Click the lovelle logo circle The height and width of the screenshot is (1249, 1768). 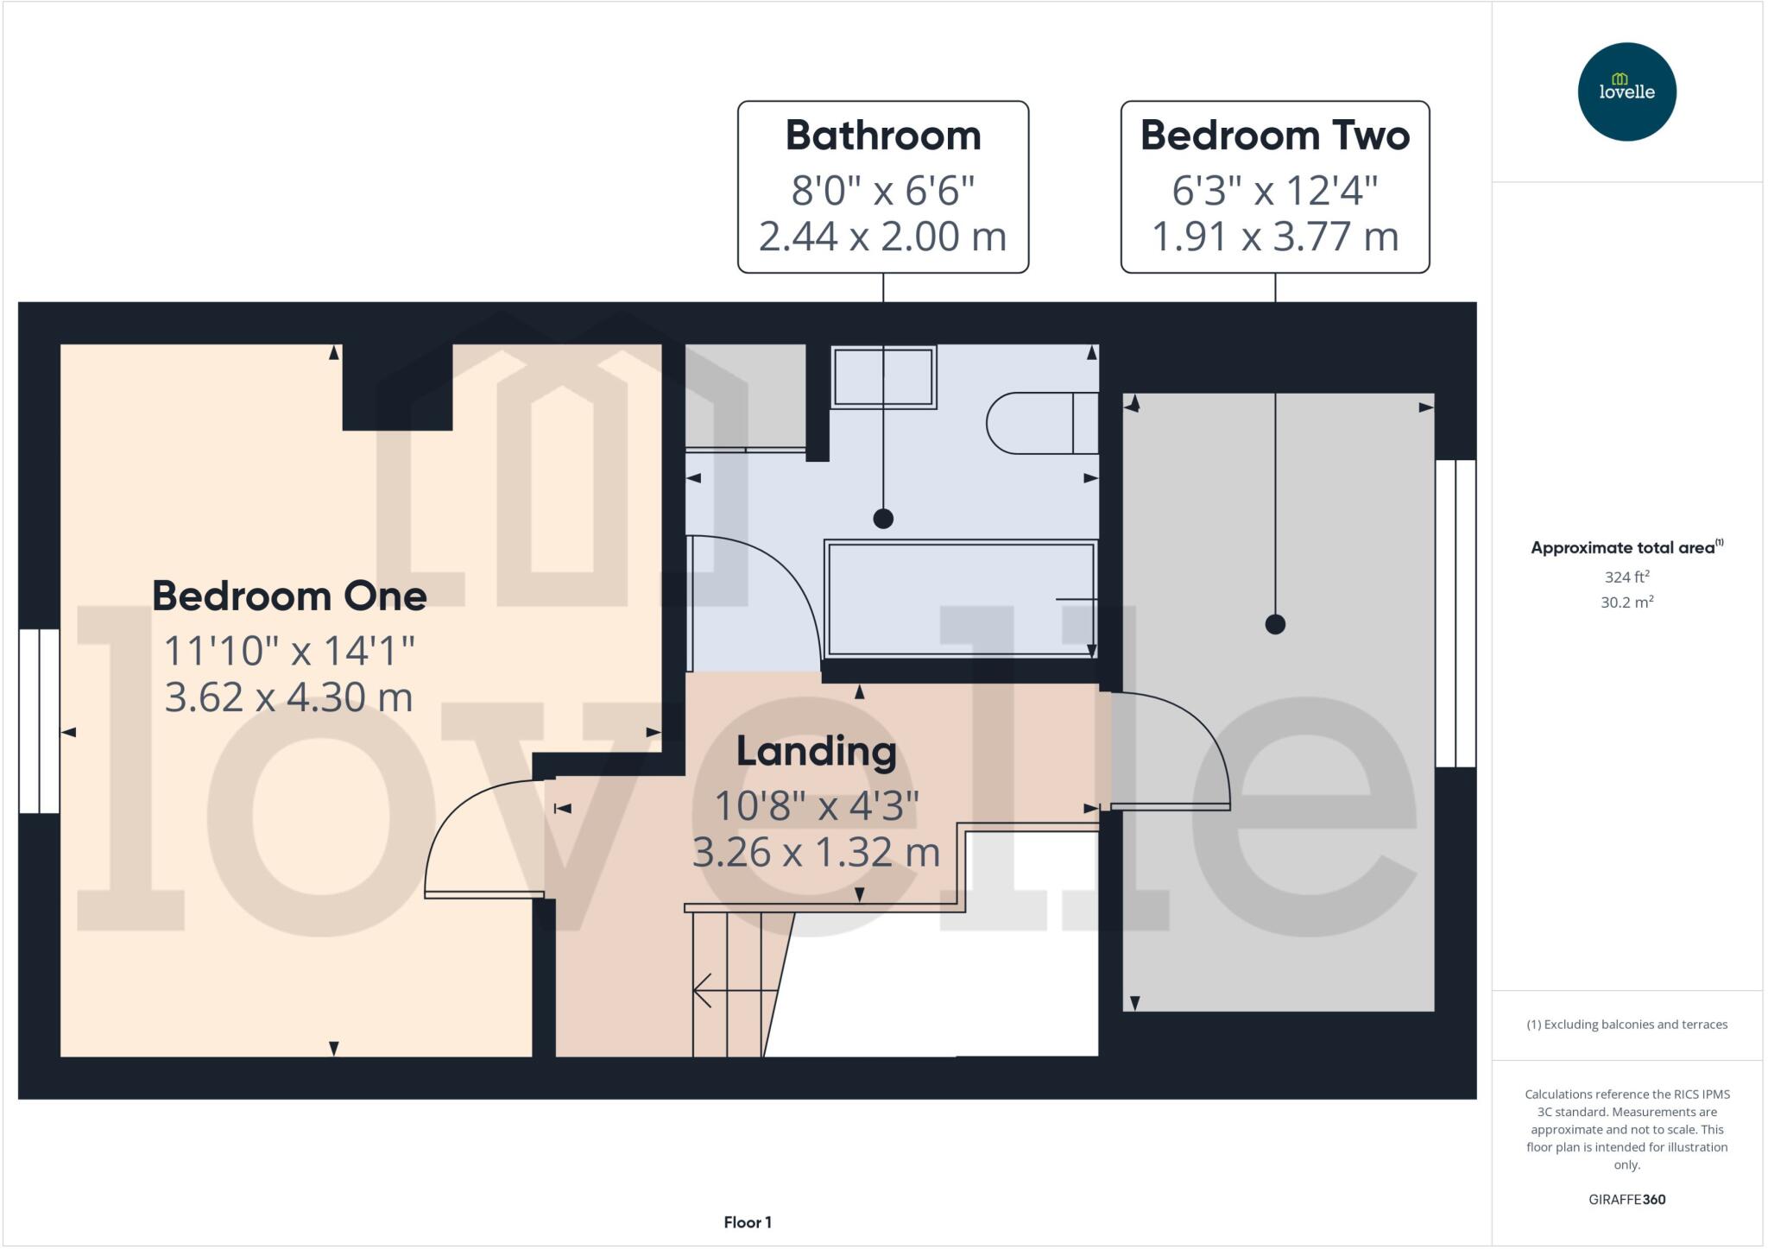click(x=1626, y=91)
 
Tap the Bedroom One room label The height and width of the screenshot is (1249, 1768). click(x=289, y=596)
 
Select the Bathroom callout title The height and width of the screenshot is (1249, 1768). click(x=882, y=136)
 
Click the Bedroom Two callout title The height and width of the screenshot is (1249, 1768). click(x=1274, y=136)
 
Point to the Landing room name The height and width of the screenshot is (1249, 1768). click(x=816, y=751)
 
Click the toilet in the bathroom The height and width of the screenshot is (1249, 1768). click(x=1040, y=423)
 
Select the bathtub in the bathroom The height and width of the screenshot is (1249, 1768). click(x=960, y=598)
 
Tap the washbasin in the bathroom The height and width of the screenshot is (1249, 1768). click(x=883, y=377)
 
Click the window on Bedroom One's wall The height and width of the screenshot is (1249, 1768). click(x=39, y=721)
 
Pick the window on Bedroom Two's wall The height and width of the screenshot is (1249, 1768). click(x=1455, y=613)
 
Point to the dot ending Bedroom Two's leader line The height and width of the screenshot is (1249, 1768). click(x=1274, y=624)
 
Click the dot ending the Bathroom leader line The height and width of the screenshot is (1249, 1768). click(x=882, y=519)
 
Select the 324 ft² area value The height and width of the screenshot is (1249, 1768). click(x=1626, y=577)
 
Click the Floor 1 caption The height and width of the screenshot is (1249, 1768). click(x=747, y=1222)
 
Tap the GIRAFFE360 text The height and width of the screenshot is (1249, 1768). click(x=1626, y=1199)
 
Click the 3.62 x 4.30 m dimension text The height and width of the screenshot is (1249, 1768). click(x=289, y=697)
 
